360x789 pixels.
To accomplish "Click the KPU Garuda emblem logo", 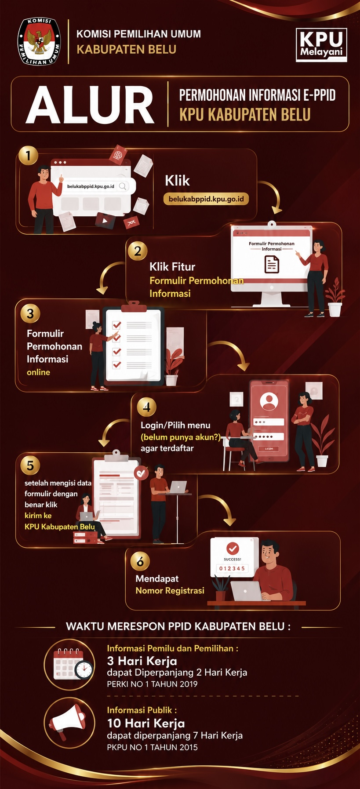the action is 39,41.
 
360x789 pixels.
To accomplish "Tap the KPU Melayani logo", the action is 321,45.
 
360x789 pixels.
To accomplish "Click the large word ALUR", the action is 90,105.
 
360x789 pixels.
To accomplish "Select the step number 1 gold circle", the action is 29,156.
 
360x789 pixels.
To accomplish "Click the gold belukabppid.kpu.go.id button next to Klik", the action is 206,199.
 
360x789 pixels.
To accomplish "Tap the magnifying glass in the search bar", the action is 123,186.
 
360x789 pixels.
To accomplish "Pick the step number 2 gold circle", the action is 138,251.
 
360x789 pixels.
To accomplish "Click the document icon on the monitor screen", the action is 272,265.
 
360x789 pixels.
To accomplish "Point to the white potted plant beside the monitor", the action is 335,297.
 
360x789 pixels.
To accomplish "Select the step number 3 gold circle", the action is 30,313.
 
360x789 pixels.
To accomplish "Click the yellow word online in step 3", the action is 38,372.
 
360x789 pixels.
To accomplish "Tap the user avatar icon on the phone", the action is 269,401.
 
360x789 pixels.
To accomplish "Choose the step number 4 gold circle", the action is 146,407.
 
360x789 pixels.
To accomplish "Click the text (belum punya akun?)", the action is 181,437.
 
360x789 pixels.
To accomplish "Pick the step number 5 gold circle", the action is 30,465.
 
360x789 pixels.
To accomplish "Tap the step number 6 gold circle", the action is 140,561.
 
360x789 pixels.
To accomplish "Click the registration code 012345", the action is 232,569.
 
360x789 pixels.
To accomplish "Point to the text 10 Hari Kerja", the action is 146,723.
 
